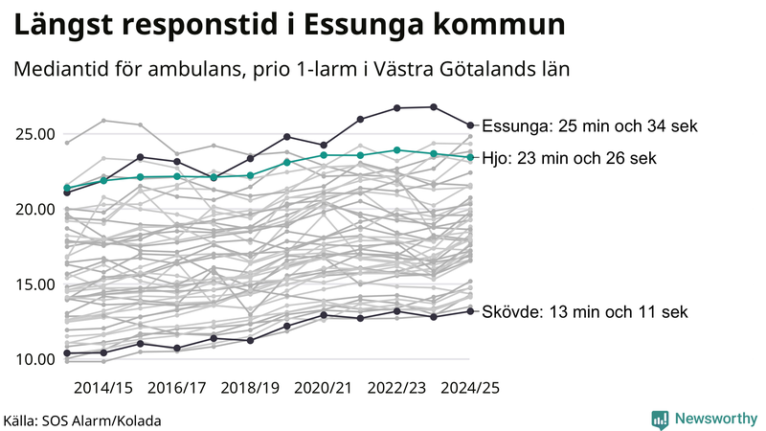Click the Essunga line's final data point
[470, 125]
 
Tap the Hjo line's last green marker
[470, 157]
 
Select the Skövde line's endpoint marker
[470, 310]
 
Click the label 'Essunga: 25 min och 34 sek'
[589, 126]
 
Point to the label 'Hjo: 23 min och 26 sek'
[569, 158]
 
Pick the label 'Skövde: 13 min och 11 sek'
[584, 312]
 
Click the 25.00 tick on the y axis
[34, 134]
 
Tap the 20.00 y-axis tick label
[34, 209]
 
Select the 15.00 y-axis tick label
[34, 284]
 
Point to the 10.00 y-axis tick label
[34, 359]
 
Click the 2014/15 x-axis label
[103, 388]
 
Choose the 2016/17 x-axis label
[177, 388]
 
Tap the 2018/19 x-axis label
[250, 388]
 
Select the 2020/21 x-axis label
[324, 388]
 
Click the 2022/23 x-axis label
[396, 388]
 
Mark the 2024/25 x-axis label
[469, 388]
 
